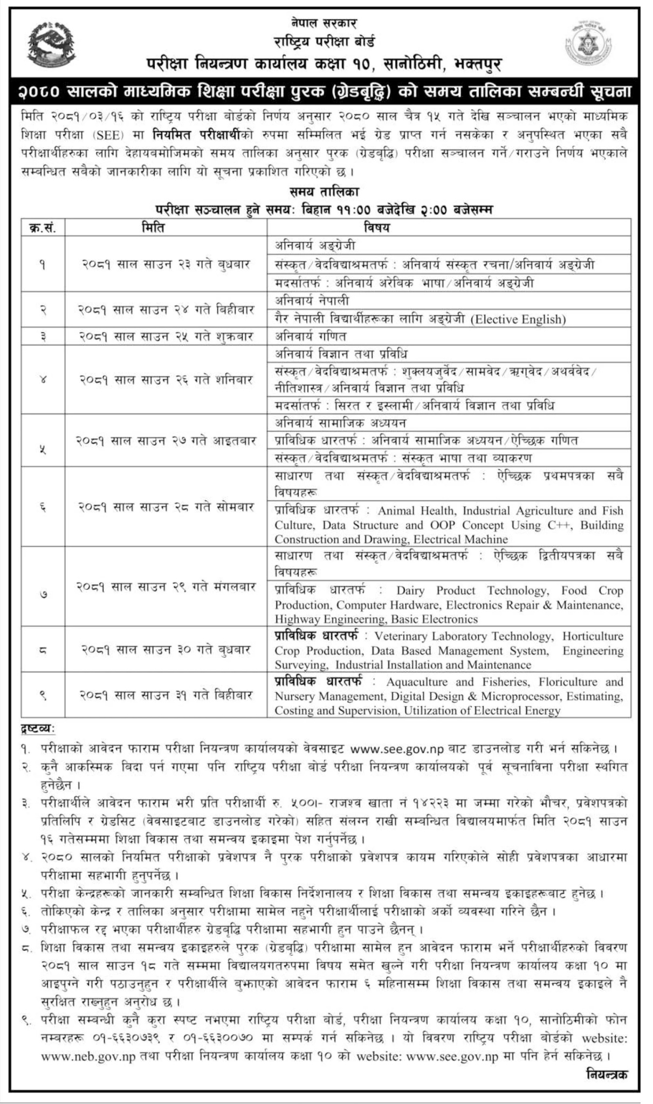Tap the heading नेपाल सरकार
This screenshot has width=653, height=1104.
323,23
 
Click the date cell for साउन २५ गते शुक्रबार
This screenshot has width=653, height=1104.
166,336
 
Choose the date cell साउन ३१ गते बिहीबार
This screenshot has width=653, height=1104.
166,695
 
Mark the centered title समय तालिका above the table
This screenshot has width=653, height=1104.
324,191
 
